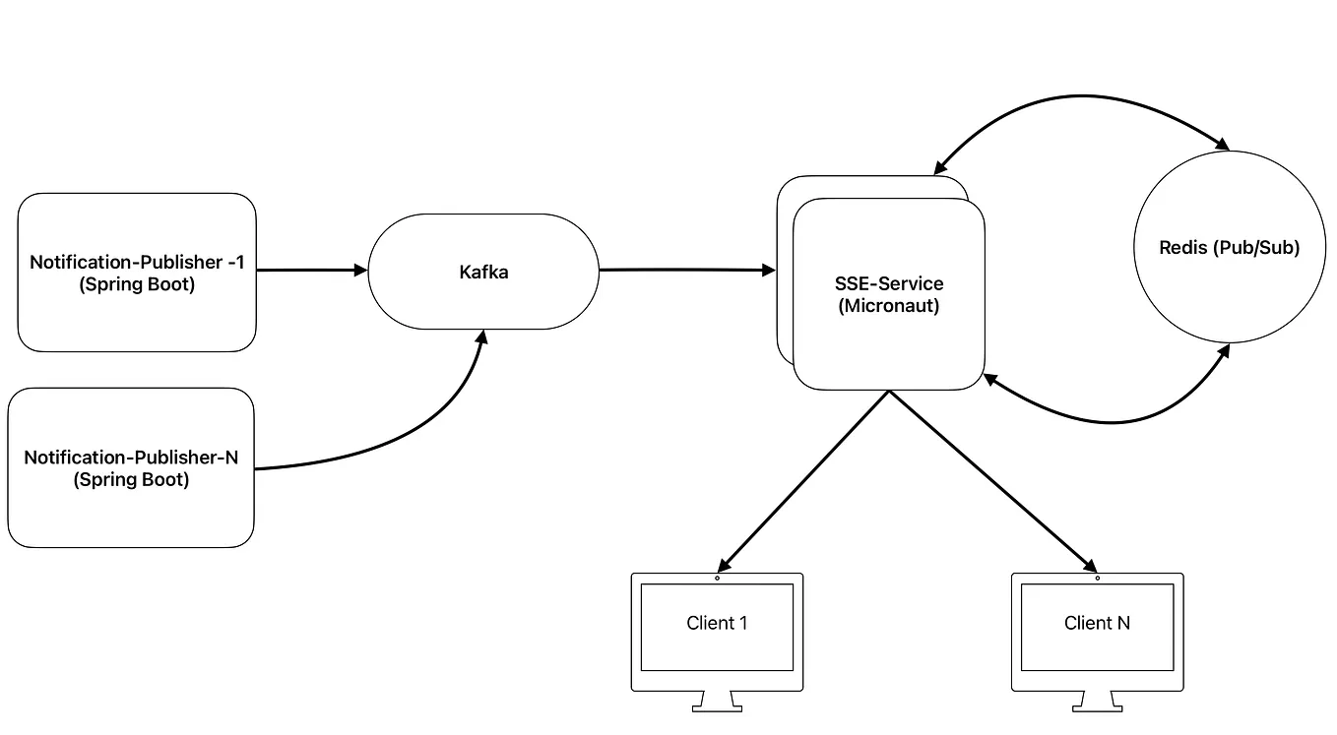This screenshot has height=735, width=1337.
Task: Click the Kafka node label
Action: pos(482,272)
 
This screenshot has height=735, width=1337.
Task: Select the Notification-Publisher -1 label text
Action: pos(137,262)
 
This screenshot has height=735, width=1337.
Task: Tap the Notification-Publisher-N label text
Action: pos(131,458)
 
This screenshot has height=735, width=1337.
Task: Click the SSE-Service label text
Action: pos(888,283)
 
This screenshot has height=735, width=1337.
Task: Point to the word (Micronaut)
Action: pos(888,305)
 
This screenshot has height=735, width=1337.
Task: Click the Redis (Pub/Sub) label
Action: pos(1229,248)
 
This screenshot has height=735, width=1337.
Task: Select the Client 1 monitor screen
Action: pos(717,624)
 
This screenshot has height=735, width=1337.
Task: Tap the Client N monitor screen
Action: pos(1097,624)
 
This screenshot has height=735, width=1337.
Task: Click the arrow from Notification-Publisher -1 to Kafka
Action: pos(310,270)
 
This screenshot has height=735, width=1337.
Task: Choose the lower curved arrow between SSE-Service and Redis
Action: pos(1113,421)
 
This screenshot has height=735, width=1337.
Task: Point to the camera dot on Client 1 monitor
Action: pos(717,579)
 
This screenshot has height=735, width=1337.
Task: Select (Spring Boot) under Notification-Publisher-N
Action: pos(131,480)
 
